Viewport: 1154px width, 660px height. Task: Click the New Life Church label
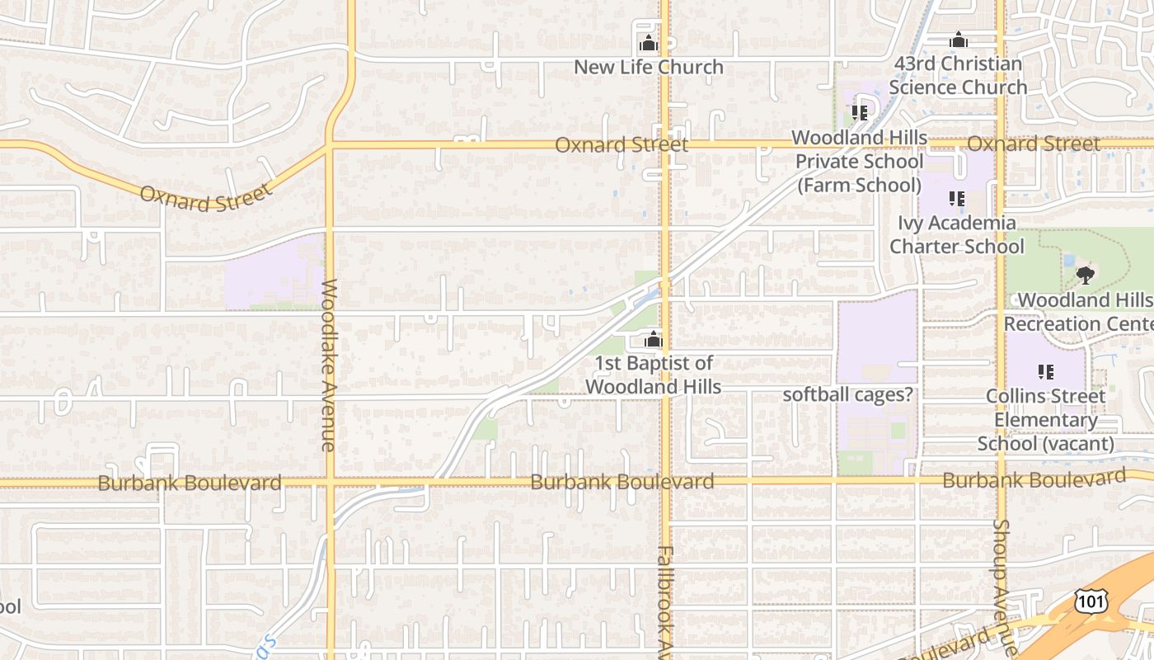(x=649, y=67)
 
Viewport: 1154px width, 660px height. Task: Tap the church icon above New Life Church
(x=649, y=43)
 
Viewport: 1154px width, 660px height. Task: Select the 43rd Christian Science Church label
(x=958, y=75)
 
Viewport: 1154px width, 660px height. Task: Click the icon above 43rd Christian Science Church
(x=958, y=40)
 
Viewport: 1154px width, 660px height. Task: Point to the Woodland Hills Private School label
(x=859, y=161)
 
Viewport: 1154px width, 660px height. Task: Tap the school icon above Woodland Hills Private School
(x=860, y=112)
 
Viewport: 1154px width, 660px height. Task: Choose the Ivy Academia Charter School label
(x=957, y=234)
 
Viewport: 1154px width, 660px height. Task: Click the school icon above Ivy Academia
(x=957, y=198)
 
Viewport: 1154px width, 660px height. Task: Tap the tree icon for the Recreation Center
(x=1085, y=275)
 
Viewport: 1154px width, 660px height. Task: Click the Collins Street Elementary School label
(x=1046, y=420)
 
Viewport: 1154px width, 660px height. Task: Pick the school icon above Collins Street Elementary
(x=1046, y=372)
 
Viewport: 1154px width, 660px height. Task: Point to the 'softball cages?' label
(x=848, y=394)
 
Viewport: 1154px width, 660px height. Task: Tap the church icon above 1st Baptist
(x=654, y=339)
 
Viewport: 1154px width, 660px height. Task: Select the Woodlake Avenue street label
(x=329, y=365)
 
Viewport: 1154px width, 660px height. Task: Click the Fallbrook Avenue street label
(x=665, y=602)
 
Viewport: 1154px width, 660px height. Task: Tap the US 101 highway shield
(x=1090, y=601)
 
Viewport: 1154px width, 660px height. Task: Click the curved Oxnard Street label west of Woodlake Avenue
(x=205, y=197)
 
